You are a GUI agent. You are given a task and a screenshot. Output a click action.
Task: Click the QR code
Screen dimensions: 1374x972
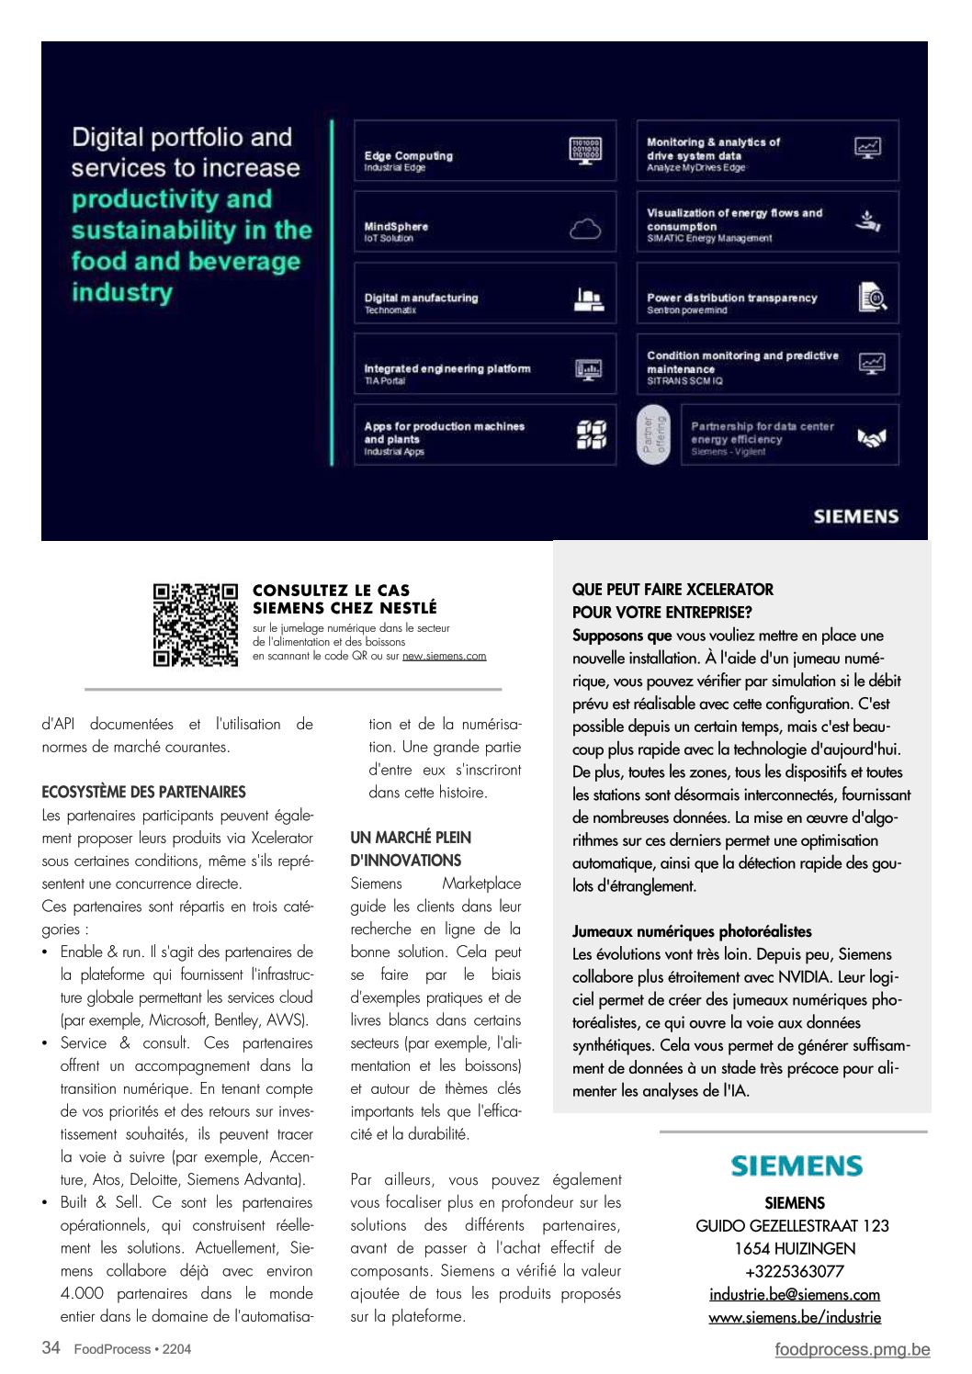pos(195,625)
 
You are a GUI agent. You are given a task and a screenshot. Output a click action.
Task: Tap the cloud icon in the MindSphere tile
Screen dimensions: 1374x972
pos(585,229)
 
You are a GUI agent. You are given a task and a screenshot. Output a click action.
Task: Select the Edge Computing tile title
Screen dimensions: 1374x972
pos(408,156)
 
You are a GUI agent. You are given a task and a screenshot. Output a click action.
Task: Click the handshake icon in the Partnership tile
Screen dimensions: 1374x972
pos(871,438)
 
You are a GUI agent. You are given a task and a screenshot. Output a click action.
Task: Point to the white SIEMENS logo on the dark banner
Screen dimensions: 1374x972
pos(855,516)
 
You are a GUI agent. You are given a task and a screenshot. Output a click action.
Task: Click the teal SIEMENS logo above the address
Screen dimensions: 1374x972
pos(797,1166)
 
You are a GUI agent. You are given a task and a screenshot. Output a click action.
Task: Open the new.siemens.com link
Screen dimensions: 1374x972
pos(444,656)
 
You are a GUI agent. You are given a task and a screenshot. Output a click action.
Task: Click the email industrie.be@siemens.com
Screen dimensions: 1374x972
pos(795,1294)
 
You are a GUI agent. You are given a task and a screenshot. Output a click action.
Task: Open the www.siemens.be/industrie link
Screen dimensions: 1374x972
pos(795,1317)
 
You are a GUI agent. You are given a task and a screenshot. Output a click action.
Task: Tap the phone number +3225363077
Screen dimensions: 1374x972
pos(795,1271)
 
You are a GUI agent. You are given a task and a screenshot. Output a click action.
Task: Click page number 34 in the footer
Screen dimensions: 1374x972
pos(51,1347)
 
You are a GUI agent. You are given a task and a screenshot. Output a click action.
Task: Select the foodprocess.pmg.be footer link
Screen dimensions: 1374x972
pos(852,1349)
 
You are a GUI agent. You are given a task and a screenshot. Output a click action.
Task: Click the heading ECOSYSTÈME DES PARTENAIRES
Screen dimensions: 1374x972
pos(143,792)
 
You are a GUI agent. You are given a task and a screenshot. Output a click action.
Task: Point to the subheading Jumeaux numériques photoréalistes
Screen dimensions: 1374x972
pos(692,931)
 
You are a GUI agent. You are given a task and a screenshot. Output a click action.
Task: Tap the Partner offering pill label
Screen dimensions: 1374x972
pos(653,436)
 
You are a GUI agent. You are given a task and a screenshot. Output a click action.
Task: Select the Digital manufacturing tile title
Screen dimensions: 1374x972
pos(421,298)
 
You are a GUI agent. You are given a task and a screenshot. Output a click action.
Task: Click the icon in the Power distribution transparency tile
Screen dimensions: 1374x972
pos(871,298)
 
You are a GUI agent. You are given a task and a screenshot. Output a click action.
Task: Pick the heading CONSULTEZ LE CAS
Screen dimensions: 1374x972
pos(331,591)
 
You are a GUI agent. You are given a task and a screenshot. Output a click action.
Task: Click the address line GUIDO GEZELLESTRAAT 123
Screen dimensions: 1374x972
pos(792,1226)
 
